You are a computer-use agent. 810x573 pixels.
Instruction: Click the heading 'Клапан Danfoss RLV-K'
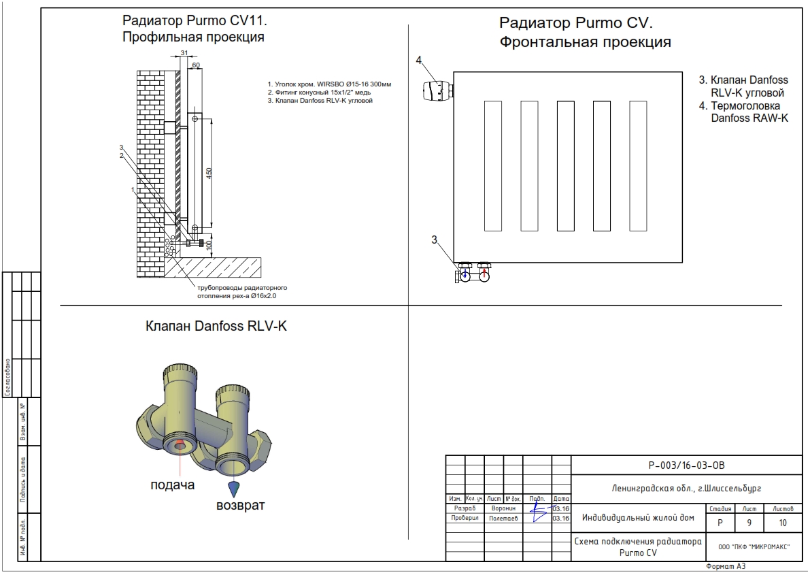click(216, 327)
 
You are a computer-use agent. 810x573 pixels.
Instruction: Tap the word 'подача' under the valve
click(172, 485)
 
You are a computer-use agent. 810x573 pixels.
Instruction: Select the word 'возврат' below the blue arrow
click(240, 506)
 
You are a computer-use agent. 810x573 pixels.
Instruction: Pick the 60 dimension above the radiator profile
click(196, 65)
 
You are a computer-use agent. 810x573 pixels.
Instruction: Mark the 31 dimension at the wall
click(184, 53)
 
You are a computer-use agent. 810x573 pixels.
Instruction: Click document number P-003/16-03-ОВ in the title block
click(687, 466)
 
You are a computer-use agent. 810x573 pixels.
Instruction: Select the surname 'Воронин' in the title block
click(504, 508)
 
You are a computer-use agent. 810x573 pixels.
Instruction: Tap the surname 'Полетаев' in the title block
click(503, 518)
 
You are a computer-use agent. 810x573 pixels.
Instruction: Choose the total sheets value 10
click(783, 523)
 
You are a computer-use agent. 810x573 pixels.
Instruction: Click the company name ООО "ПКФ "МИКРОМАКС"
click(749, 546)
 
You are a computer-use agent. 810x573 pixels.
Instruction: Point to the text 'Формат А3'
click(726, 566)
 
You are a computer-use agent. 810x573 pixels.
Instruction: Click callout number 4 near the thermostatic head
click(420, 61)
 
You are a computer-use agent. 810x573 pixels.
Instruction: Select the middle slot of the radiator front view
click(566, 165)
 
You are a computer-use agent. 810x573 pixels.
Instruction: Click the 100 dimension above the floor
click(209, 243)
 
